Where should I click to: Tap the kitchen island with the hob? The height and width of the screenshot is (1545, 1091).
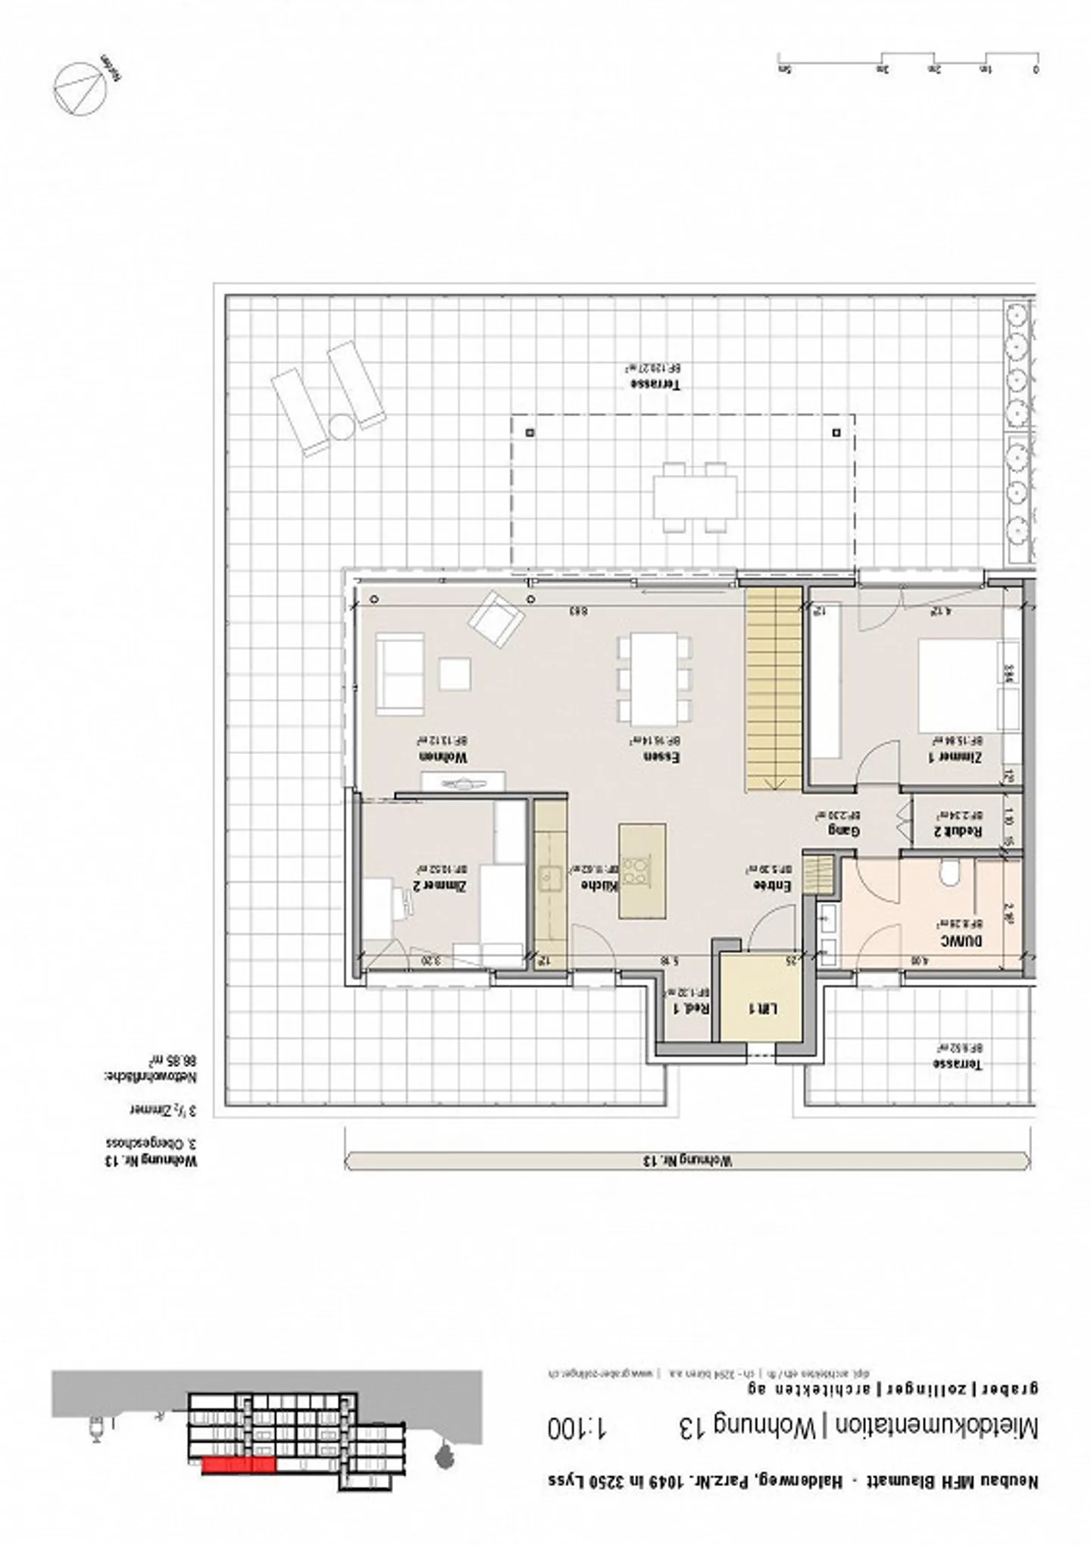(642, 871)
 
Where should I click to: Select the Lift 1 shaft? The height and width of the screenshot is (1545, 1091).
(760, 1009)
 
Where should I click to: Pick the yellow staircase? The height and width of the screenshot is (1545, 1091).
(774, 689)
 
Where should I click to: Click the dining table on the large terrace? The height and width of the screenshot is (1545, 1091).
(696, 497)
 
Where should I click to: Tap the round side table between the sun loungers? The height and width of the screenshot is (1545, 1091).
(340, 428)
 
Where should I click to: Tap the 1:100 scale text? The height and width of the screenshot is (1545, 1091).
(578, 1429)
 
